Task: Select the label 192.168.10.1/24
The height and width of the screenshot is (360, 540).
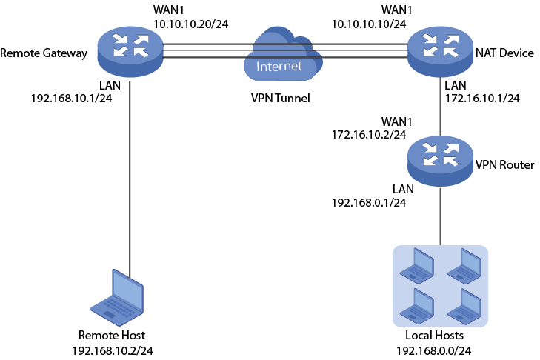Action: [71, 98]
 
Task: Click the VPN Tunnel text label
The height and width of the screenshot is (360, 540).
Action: [279, 97]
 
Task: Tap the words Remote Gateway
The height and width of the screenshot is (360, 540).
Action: [44, 53]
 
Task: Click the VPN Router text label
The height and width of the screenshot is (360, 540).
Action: [504, 164]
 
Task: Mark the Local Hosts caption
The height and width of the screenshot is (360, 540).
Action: [439, 336]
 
